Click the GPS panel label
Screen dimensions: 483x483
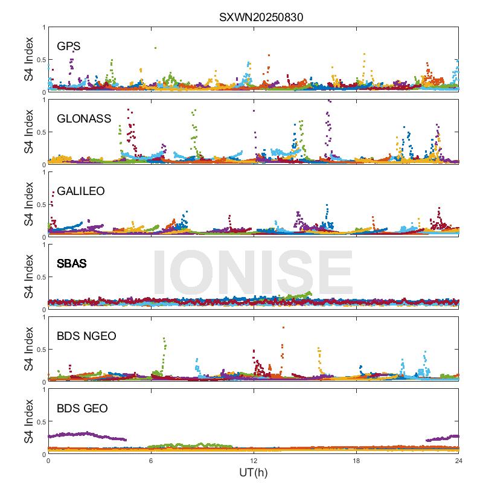[x=69, y=46]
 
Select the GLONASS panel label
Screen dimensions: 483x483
[x=84, y=118]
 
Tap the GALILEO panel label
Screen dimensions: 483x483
[x=81, y=191]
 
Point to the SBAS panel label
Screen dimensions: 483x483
[x=71, y=264]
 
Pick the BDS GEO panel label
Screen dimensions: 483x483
[x=82, y=409]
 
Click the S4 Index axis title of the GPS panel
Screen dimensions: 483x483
[x=28, y=59]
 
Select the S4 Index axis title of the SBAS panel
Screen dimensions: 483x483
[x=28, y=277]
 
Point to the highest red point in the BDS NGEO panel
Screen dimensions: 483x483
[x=283, y=328]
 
